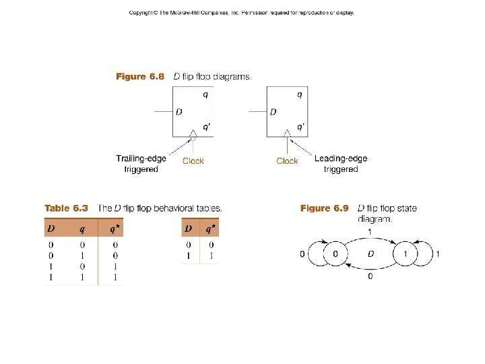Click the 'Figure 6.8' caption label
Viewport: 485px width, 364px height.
[x=139, y=77]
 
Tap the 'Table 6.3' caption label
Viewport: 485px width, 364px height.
[x=67, y=208]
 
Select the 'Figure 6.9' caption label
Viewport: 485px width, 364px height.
[x=324, y=208]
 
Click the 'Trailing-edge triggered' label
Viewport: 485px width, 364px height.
[x=141, y=164]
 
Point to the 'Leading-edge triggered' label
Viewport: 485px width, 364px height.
[x=341, y=164]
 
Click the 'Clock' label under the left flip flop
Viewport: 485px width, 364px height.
[x=193, y=161]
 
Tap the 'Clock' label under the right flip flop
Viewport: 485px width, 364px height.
[x=287, y=161]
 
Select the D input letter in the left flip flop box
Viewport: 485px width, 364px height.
[x=179, y=112]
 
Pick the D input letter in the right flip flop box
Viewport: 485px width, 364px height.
[x=273, y=112]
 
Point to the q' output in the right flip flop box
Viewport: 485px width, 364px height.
[x=300, y=126]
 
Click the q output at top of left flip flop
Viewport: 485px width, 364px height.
[x=205, y=94]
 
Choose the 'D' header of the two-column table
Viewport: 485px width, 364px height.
[x=189, y=228]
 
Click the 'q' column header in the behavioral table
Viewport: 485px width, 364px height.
[x=82, y=228]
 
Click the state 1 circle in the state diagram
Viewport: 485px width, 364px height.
[x=406, y=254]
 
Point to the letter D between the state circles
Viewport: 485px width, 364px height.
[x=370, y=254]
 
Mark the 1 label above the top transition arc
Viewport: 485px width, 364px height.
[x=369, y=232]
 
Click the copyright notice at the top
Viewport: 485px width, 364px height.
[x=241, y=13]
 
